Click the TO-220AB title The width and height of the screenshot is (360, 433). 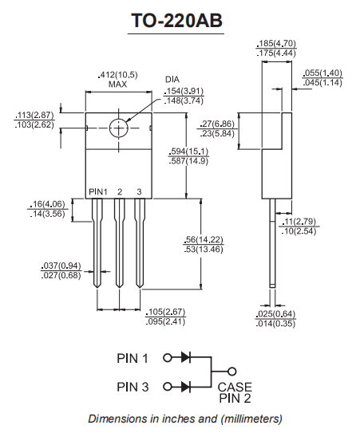point(177,22)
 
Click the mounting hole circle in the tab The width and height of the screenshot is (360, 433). point(118,128)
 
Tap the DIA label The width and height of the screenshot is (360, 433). point(172,80)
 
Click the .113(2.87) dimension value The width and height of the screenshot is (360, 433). point(33,116)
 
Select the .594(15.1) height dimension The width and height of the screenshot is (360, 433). point(188,152)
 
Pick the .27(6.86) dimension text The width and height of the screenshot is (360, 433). point(218,124)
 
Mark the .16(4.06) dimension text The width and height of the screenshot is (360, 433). point(46,204)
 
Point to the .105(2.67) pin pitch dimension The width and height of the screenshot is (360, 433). point(166,312)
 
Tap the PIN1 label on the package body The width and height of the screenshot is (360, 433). point(97,192)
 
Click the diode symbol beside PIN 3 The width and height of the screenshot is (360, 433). point(185,387)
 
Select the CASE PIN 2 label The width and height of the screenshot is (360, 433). point(235,392)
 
